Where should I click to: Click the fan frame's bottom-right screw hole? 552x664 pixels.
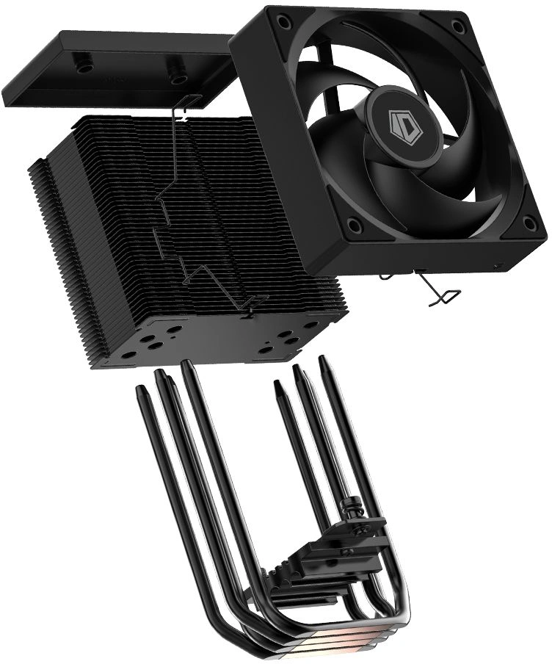[528, 222]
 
